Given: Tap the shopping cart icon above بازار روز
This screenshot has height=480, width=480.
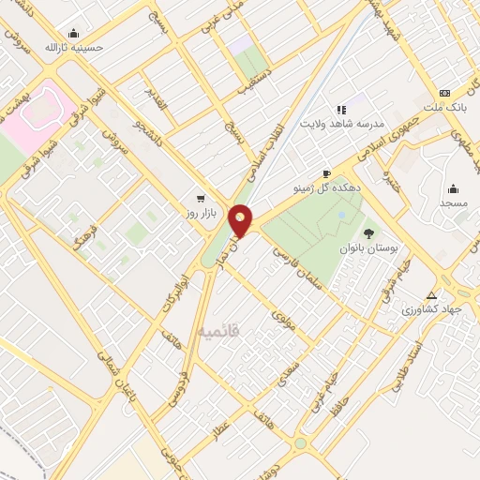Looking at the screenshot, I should pyautogui.click(x=201, y=199).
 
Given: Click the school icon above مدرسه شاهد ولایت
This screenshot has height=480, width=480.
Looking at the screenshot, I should pyautogui.click(x=341, y=110).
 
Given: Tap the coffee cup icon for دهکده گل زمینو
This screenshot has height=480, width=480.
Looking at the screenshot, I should pyautogui.click(x=326, y=173).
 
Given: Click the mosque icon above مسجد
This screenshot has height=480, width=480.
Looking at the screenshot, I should pyautogui.click(x=453, y=187).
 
